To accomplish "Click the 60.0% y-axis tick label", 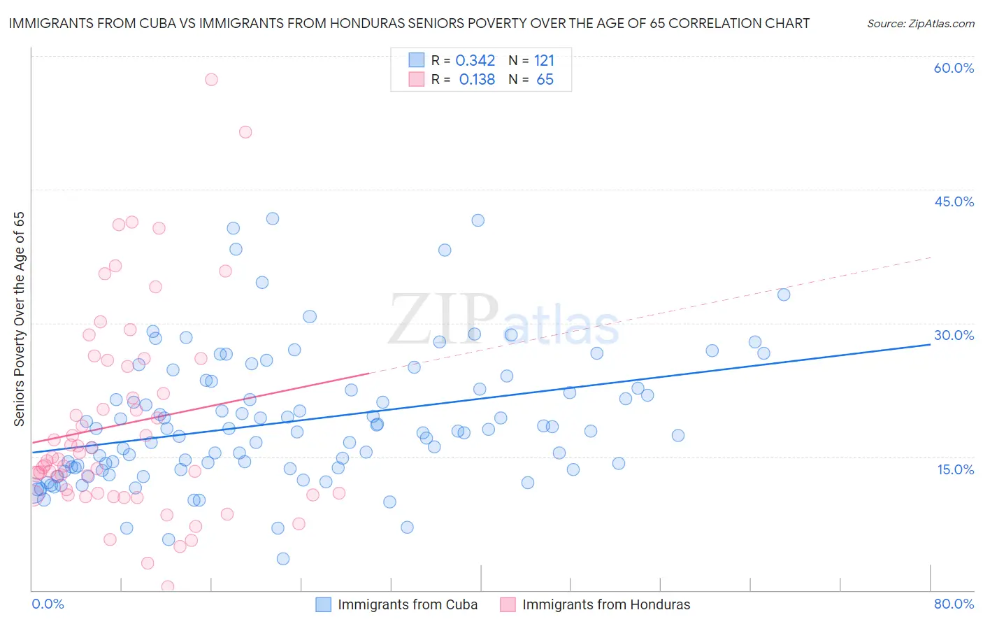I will pos(954,68).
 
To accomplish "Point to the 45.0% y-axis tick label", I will pos(954,201).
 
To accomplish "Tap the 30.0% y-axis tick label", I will pos(954,335).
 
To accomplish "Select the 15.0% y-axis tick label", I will pos(955,469).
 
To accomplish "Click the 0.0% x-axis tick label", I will pos(48,604).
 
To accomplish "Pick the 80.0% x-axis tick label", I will pos(954,604).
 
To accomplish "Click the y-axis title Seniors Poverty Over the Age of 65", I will pos(20,319).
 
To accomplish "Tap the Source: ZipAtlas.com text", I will pos(920,23).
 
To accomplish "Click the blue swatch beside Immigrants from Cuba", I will pos(323,604).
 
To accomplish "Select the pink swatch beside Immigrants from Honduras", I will pos(508,604).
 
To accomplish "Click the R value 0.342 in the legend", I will pos(475,61).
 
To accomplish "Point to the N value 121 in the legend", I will pos(544,61).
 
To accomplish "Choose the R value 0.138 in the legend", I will pos(477,80).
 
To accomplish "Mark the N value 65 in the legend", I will pos(545,80).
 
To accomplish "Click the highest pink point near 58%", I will pos(211,80).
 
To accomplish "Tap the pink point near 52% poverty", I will pos(245,132).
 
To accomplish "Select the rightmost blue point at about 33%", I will pos(784,295).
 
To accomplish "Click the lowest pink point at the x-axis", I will pos(168,586).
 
